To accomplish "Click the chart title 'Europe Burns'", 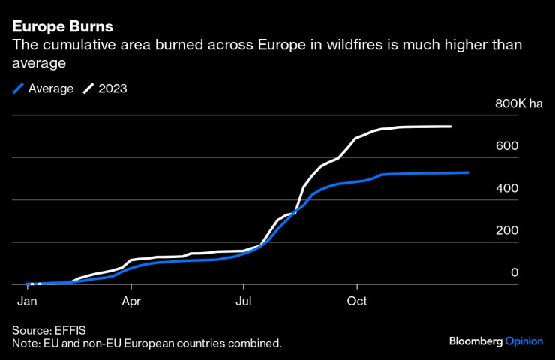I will coord(63,26).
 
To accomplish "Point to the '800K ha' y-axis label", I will coord(518,103).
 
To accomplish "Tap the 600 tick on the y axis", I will coord(506,145).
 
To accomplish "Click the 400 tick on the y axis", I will coord(506,187).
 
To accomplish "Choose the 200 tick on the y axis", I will coord(506,229).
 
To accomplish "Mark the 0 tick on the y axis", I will coord(514,272).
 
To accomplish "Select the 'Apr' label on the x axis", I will coord(131,301).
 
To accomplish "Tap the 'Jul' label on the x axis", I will coord(243,301).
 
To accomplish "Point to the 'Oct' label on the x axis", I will coord(357,301).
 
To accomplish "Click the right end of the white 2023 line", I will coord(451,127).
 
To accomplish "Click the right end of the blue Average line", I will coord(468,172).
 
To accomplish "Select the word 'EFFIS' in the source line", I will coord(73,330).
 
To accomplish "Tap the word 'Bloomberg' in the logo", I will coord(475,341).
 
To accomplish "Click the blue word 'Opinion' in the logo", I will coord(523,341).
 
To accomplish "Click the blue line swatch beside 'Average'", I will coord(19,88).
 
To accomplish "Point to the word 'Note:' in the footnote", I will coord(26,343).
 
